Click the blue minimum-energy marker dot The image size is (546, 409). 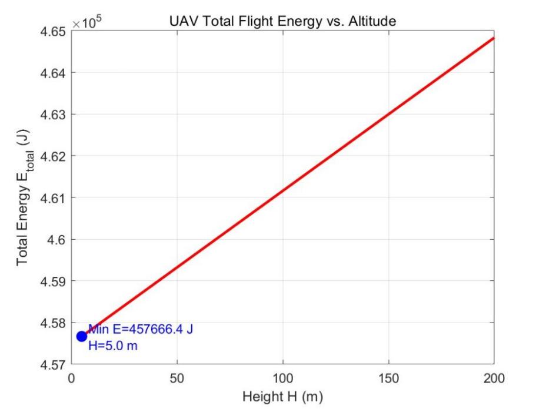[82, 336]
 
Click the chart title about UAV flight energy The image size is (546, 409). [283, 21]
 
